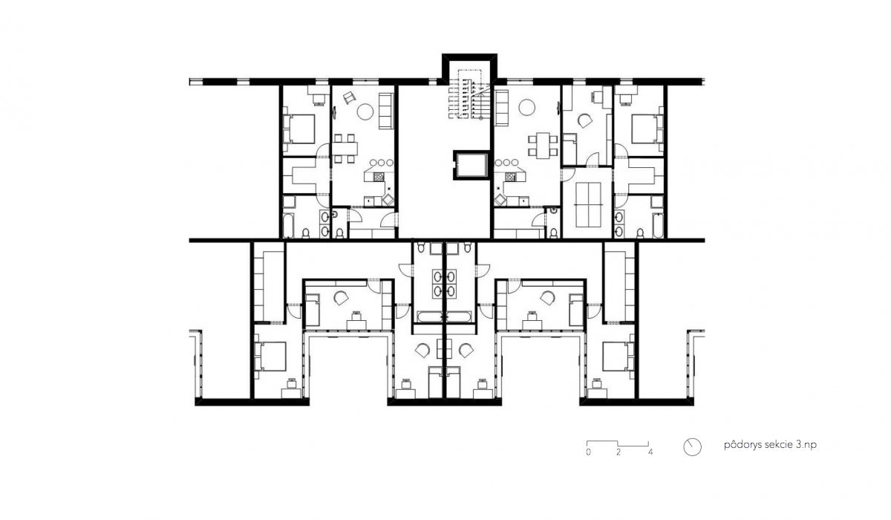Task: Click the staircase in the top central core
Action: tap(469, 96)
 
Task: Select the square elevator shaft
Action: tap(471, 165)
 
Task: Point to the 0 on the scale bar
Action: tap(588, 452)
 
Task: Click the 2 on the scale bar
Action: tap(619, 452)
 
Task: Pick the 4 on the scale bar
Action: tap(650, 452)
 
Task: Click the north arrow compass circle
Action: tap(692, 447)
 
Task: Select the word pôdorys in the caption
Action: tap(738, 445)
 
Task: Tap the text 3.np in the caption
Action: tap(806, 445)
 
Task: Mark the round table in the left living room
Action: tap(365, 111)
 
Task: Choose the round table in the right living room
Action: tap(526, 108)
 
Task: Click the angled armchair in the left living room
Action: tap(349, 97)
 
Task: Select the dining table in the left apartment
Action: tap(345, 149)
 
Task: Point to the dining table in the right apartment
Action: tap(543, 145)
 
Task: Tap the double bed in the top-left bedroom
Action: tap(299, 129)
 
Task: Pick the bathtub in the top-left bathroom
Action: tap(288, 226)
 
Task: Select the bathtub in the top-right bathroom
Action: tap(658, 226)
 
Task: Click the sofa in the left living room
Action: tap(385, 111)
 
